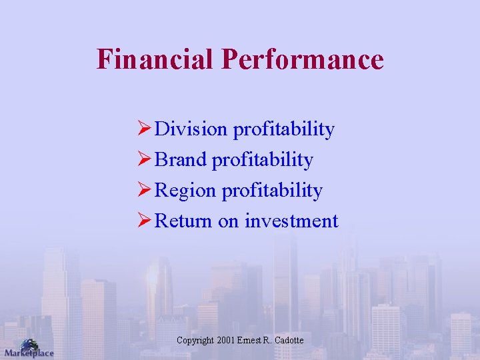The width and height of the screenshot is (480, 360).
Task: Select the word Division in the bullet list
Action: click(x=191, y=129)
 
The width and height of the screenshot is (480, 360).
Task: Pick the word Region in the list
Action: click(x=185, y=191)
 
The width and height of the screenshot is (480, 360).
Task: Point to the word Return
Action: click(x=183, y=221)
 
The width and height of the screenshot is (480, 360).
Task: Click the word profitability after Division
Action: click(x=283, y=129)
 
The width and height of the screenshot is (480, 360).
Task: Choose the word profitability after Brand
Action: click(x=262, y=160)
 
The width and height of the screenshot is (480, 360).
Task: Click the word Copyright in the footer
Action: click(x=195, y=341)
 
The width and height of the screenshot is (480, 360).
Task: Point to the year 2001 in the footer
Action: click(x=225, y=341)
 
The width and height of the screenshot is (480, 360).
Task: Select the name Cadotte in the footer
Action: click(x=288, y=341)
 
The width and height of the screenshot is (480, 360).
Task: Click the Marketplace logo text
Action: click(x=29, y=353)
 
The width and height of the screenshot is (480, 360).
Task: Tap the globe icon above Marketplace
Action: click(x=29, y=343)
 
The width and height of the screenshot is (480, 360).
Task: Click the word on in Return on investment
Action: click(x=228, y=221)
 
